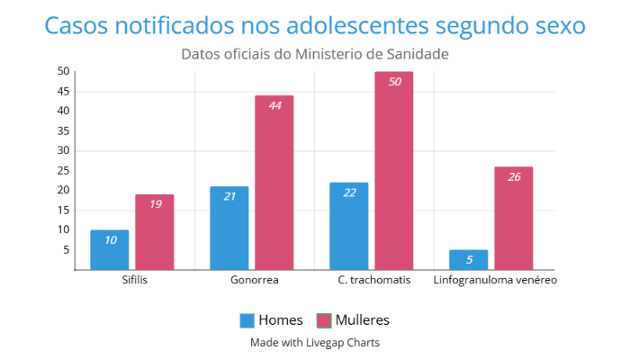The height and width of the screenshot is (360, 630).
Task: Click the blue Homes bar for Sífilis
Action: pos(109,250)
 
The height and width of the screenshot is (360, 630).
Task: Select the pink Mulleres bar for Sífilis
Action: pos(155,232)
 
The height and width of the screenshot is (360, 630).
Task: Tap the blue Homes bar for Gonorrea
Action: pos(229,229)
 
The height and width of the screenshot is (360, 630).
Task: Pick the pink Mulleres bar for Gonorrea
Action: pos(274,183)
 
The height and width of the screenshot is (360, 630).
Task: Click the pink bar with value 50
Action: pos(394,171)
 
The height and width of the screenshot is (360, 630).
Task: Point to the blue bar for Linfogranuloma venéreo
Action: pos(469,260)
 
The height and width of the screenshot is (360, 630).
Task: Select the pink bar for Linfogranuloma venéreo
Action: pos(514,219)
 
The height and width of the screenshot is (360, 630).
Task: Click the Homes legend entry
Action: pos(270,320)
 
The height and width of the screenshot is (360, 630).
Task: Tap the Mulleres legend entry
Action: pos(353,320)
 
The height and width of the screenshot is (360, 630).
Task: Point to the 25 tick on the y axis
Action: pos(63,170)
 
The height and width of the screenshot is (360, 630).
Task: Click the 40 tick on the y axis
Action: pos(63,111)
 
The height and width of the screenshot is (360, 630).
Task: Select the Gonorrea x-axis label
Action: pos(255,280)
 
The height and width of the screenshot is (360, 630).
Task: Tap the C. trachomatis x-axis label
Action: pos(374,280)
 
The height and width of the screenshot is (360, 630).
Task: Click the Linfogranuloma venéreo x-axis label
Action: pos(495,280)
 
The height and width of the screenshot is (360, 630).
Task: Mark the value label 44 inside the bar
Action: pos(274,105)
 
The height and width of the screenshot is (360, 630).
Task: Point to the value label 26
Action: pos(514,176)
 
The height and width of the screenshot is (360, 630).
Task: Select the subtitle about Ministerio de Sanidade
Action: pos(315,54)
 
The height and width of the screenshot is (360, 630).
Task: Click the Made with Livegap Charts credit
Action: pos(315,343)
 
